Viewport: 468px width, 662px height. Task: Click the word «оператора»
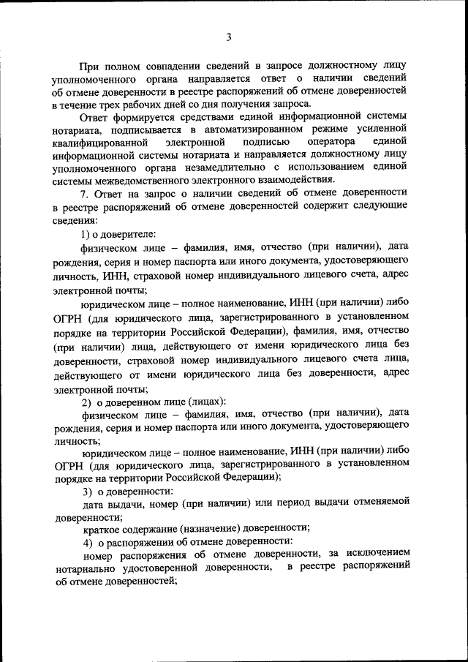pos(331,142)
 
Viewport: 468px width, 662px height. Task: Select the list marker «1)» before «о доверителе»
pos(86,233)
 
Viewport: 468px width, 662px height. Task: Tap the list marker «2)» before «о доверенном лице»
pos(86,402)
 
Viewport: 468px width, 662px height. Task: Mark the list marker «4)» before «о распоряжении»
pos(86,543)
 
